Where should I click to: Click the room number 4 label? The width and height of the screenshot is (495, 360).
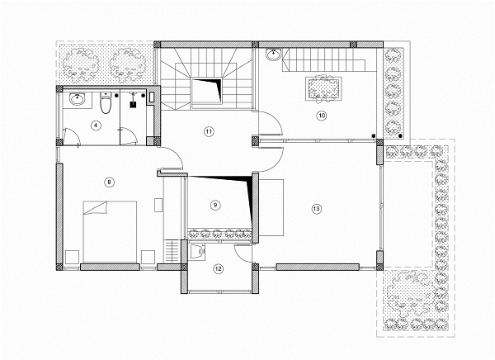[96, 126]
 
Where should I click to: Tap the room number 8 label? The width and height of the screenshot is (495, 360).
[109, 182]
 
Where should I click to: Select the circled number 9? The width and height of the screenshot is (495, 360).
[215, 205]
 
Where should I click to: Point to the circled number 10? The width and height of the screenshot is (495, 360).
[322, 116]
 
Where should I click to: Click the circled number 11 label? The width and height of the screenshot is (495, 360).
[209, 131]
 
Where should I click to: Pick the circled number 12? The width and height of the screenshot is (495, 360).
[218, 269]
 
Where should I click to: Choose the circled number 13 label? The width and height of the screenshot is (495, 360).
[316, 209]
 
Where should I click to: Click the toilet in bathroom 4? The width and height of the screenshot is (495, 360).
[106, 102]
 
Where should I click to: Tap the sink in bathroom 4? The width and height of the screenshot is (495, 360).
[77, 100]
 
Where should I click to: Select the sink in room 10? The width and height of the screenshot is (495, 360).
[273, 54]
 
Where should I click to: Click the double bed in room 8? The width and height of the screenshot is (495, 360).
[110, 232]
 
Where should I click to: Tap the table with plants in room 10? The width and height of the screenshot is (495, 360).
[323, 89]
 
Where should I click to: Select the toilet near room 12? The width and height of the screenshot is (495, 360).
[196, 252]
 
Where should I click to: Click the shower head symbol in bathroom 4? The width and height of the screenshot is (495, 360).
[133, 102]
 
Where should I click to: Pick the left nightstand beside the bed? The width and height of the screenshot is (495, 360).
[72, 257]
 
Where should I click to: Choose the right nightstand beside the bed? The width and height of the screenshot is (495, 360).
[148, 257]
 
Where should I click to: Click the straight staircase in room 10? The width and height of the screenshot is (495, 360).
[324, 59]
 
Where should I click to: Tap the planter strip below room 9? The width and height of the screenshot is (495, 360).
[219, 234]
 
